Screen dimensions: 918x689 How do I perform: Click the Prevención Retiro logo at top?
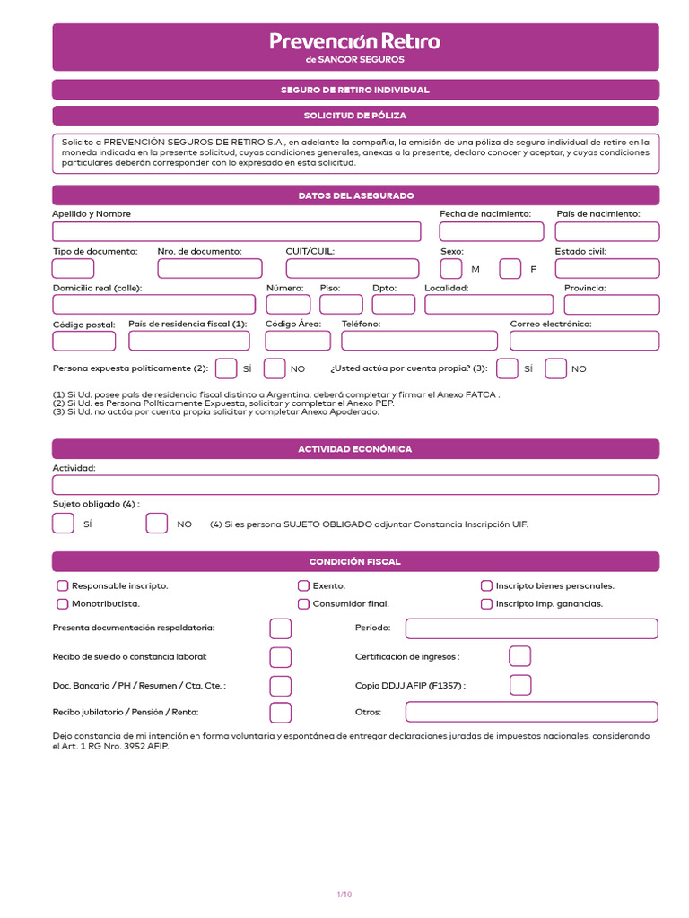tap(355, 47)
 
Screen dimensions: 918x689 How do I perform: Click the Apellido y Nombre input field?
tap(236, 232)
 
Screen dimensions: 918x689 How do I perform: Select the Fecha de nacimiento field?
tap(491, 232)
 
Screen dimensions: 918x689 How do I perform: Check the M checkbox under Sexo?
tap(451, 268)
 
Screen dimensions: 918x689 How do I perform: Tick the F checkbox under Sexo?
tap(510, 268)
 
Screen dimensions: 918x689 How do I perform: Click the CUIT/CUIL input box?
tap(352, 268)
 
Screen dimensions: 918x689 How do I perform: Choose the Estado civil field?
tap(606, 268)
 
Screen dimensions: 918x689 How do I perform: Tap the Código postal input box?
tap(84, 341)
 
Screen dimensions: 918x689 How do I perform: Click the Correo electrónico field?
tap(584, 341)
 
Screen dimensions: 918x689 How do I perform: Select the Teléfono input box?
tap(419, 341)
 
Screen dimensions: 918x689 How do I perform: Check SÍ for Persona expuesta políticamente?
tap(227, 368)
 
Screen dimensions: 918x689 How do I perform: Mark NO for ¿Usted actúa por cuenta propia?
tap(556, 368)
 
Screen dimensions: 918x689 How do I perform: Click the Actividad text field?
tap(355, 485)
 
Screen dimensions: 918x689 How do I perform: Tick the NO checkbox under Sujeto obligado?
tap(157, 524)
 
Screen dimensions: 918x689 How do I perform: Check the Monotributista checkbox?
tap(63, 604)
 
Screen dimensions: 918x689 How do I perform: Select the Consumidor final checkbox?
tap(303, 604)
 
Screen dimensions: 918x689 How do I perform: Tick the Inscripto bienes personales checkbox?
tap(487, 585)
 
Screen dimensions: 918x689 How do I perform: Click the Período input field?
tap(531, 628)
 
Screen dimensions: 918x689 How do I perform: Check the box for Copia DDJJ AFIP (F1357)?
tap(520, 685)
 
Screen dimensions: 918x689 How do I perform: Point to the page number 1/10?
tap(344, 894)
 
